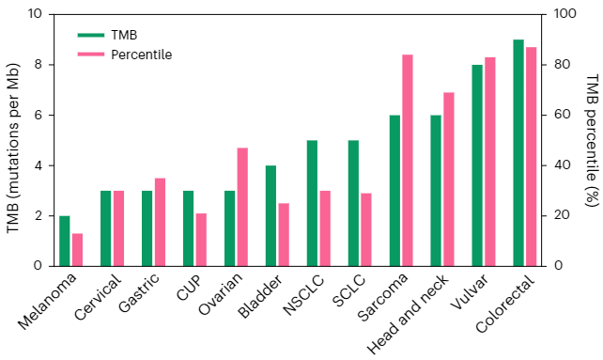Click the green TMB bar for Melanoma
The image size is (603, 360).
(x=65, y=241)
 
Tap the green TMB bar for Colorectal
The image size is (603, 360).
(x=518, y=153)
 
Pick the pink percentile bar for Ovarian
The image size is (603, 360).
(x=242, y=207)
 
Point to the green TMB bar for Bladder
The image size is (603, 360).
(x=271, y=215)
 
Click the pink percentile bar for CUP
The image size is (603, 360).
(x=201, y=240)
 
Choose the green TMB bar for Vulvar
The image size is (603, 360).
(x=477, y=165)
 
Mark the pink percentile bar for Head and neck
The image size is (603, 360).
(x=449, y=180)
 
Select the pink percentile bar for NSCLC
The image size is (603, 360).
(x=325, y=228)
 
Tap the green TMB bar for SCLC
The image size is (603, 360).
(x=353, y=203)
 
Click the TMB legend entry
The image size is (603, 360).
(x=107, y=35)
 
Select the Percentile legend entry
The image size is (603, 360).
(x=125, y=55)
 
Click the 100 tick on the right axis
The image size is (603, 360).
(x=564, y=14)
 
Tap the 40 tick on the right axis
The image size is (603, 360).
(x=562, y=165)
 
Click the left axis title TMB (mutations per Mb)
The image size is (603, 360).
(x=13, y=148)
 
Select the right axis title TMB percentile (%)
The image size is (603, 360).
(x=593, y=140)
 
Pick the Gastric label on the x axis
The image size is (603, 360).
(x=140, y=292)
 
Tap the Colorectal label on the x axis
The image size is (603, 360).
(x=505, y=304)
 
